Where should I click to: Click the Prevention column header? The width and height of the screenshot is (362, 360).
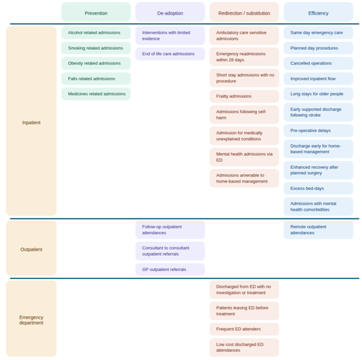click(96, 12)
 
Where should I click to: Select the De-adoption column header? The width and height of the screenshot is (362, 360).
click(170, 12)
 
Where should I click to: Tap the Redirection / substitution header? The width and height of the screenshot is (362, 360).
click(244, 12)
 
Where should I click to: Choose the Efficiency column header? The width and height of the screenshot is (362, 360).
click(318, 12)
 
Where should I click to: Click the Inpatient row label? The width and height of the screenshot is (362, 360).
click(31, 121)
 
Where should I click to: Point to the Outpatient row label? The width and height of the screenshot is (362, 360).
click(31, 248)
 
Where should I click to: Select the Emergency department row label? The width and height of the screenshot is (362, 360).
click(31, 319)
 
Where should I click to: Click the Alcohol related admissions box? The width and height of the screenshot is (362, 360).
click(96, 33)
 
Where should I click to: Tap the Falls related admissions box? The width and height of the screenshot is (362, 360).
click(96, 79)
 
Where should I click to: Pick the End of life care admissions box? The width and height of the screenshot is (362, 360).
click(170, 54)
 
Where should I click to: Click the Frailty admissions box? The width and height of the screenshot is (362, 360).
click(244, 96)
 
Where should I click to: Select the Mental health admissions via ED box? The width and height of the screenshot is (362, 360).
click(244, 157)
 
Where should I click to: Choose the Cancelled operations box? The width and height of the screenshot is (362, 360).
click(318, 63)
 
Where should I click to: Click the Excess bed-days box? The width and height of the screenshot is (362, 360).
click(318, 189)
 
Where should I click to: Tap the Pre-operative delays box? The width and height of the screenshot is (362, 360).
click(318, 131)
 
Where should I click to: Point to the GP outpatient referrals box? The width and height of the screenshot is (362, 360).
click(170, 270)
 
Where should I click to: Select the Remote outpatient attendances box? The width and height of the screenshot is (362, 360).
click(318, 230)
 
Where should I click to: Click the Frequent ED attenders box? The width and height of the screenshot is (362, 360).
click(244, 329)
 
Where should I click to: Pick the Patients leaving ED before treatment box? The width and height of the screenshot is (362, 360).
click(244, 311)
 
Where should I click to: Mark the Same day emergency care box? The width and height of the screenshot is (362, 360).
click(318, 33)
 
